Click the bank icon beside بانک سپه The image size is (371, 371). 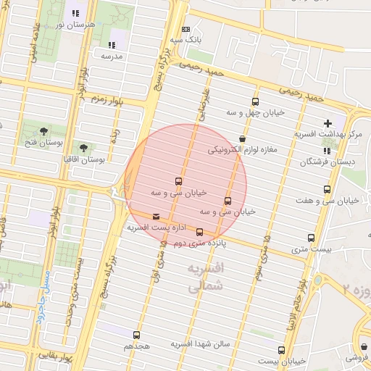186,30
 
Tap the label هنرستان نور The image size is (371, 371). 71,24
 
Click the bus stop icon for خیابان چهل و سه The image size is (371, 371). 255,101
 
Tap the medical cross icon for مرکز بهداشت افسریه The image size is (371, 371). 328,124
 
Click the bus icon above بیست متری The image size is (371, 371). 312,238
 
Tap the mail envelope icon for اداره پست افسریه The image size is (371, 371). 156,217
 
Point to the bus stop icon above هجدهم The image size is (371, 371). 136,335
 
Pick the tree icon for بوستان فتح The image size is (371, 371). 44,130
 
